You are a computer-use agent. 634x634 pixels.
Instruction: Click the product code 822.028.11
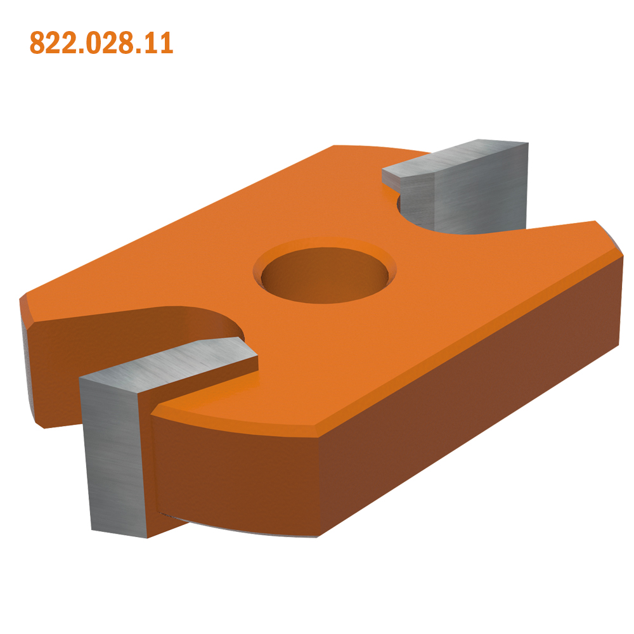click(x=101, y=42)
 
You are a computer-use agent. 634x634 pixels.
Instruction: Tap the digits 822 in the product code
click(x=52, y=42)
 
